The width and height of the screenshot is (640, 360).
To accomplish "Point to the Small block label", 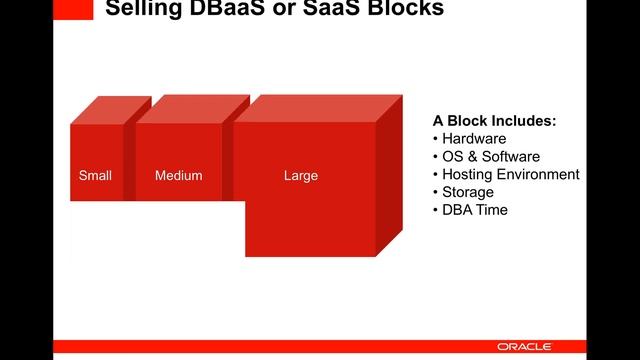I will (95, 176).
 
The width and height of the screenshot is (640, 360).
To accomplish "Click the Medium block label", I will (178, 176).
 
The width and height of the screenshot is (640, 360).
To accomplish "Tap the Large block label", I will (300, 176).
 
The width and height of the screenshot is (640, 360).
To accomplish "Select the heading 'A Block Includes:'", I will (493, 121).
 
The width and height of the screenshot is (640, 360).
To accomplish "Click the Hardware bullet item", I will (474, 139).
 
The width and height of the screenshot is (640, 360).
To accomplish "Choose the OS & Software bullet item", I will (490, 157).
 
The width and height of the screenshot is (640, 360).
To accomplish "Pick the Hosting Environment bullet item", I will (510, 174).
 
